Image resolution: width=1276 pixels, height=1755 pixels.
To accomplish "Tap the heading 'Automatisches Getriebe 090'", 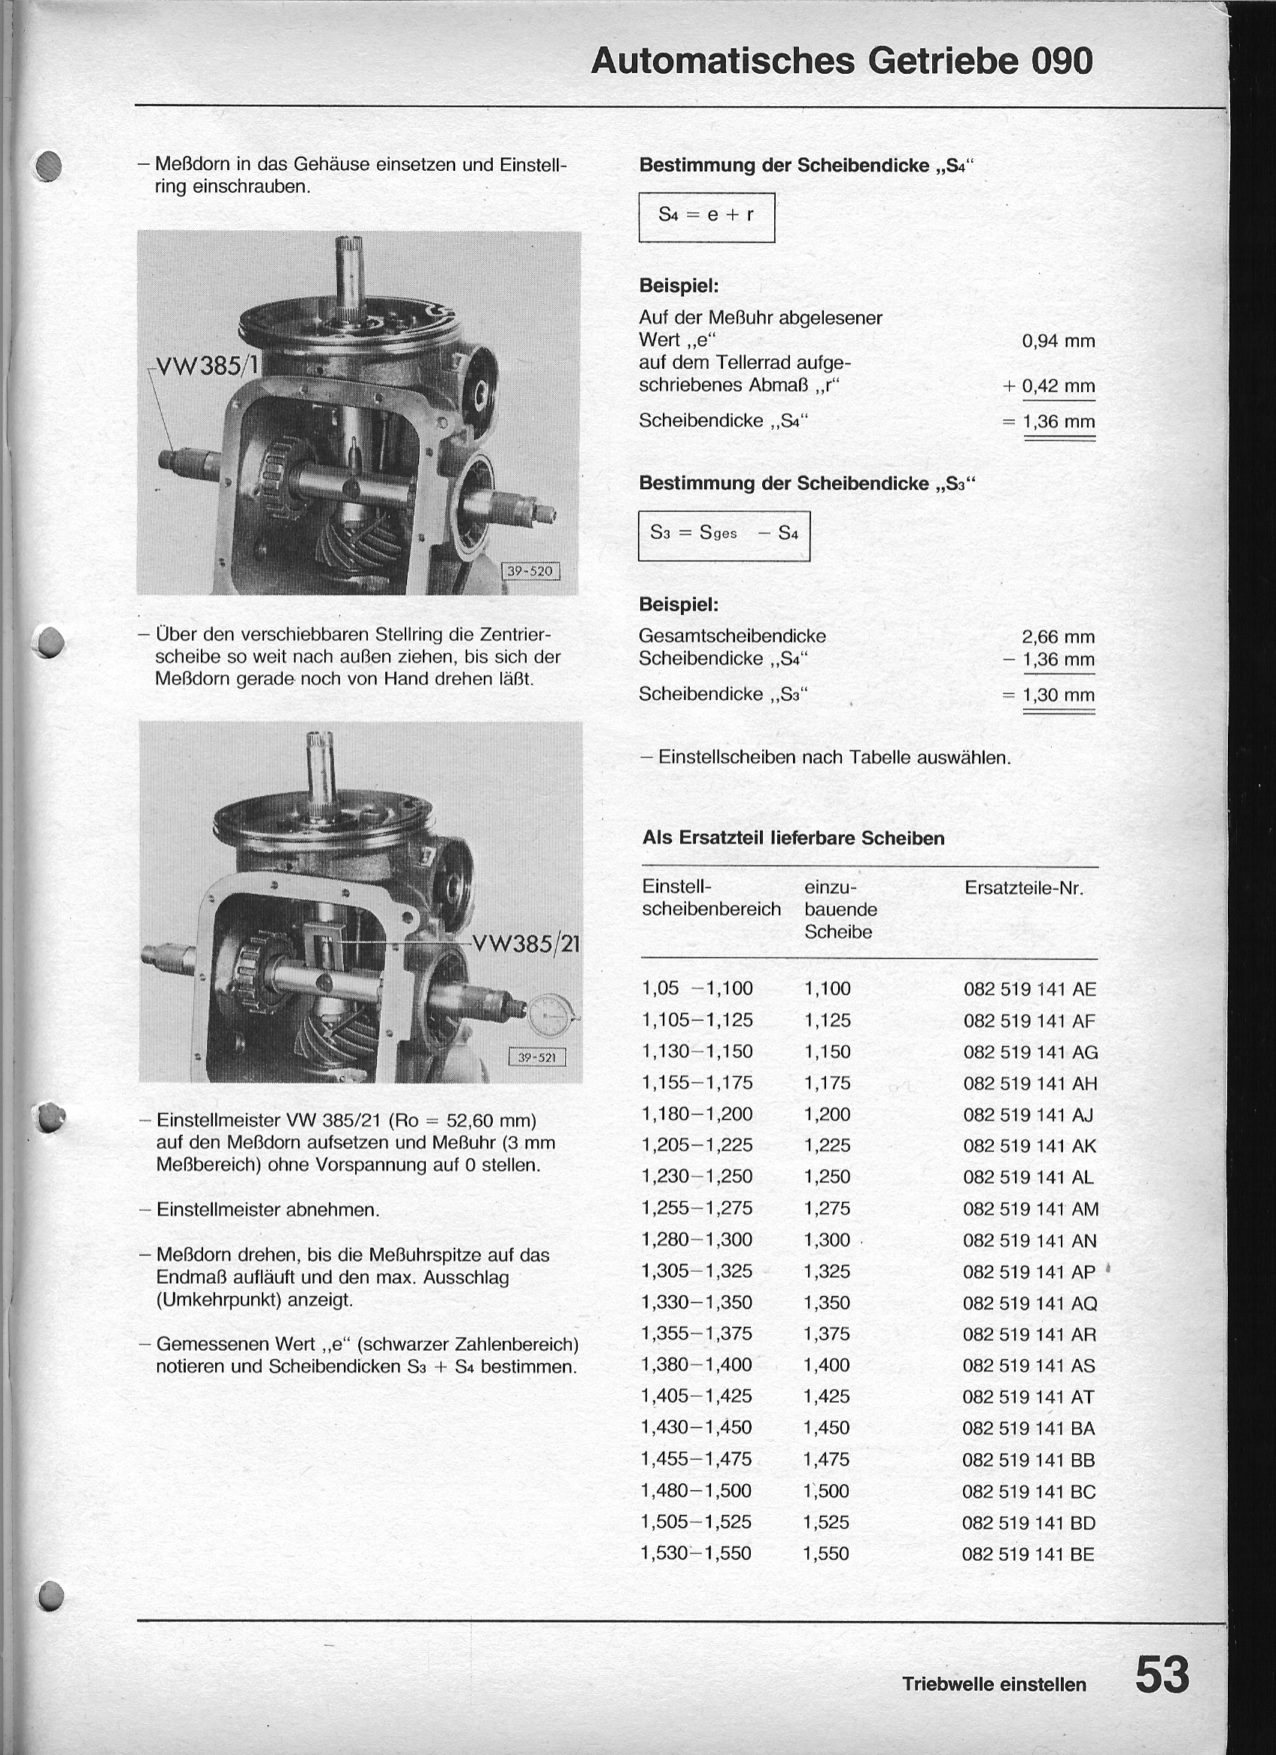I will (842, 61).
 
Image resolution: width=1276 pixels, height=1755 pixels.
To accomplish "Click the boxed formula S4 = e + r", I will (706, 216).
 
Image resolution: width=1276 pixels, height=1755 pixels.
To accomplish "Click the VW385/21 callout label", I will (526, 944).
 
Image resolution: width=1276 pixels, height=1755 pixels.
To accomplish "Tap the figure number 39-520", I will (530, 572).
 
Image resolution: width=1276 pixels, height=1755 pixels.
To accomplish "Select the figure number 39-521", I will (536, 1057).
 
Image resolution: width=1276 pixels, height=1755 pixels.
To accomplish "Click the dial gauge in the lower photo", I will (550, 1014).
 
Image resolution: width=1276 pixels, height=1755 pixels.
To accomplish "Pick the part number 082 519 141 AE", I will (1029, 990).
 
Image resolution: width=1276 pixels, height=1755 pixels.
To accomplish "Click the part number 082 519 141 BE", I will (1028, 1554).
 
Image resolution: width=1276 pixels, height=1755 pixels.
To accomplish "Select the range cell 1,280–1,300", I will (697, 1239).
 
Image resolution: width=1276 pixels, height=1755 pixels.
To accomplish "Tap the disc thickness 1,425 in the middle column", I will (826, 1397).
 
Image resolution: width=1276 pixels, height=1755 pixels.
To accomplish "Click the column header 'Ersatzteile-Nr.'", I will (1024, 888).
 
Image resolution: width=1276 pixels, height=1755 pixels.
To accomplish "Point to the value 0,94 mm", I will (1058, 341).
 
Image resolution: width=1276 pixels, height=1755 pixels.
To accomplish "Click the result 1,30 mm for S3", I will (1058, 695).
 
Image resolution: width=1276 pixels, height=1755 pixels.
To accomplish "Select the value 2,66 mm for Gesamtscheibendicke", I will (1058, 637).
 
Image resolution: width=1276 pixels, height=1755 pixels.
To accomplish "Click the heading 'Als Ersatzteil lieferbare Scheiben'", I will (793, 838).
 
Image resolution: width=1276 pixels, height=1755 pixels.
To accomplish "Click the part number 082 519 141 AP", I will (1029, 1272).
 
